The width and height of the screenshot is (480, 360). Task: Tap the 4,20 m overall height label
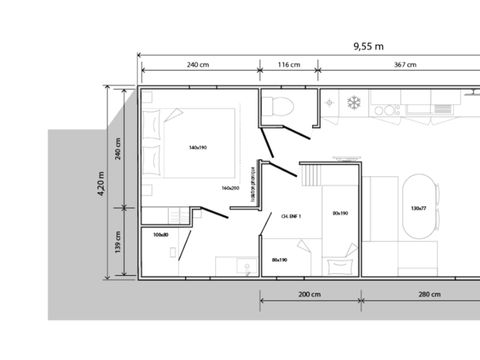point(101,184)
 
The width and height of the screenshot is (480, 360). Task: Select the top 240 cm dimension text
point(197,65)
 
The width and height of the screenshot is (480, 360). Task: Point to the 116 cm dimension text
point(288,65)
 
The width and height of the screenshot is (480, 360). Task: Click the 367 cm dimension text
point(404,65)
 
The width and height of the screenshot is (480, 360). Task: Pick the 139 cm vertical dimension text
point(118,242)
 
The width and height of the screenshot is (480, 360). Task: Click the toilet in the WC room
point(280,107)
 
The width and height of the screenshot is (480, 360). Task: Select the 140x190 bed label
point(197,148)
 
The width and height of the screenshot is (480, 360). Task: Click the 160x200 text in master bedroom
point(231,187)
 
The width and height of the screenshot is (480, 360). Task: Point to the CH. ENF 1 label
point(292,216)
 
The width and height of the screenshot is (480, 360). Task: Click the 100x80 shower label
point(161,236)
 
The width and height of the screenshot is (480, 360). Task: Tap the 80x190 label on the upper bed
point(340,213)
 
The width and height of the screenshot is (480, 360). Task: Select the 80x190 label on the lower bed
point(280,260)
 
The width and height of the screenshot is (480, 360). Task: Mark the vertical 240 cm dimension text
point(118,147)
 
